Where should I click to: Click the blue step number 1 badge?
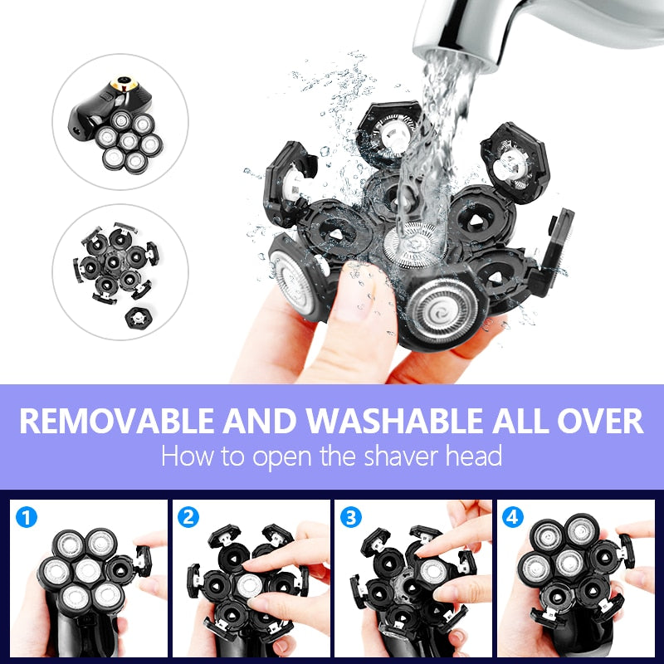[x=28, y=519]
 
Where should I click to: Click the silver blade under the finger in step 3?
[x=432, y=571]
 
